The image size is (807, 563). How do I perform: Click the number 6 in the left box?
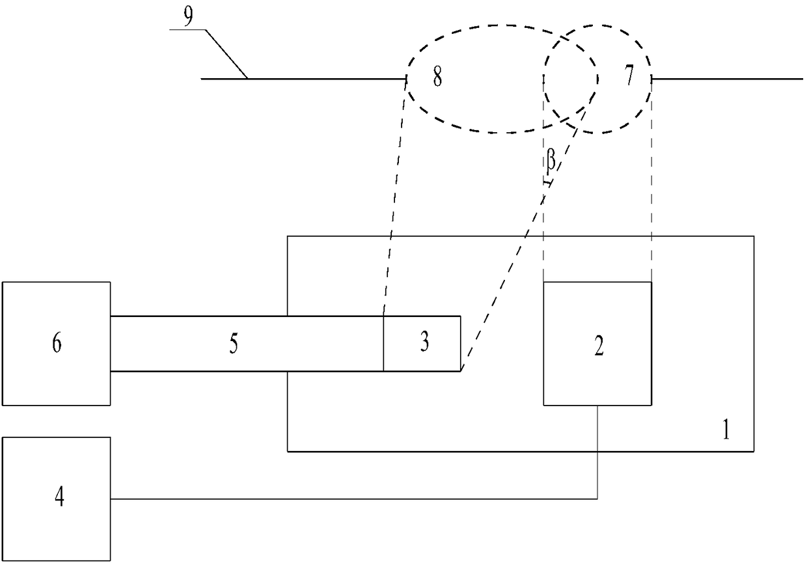point(57,343)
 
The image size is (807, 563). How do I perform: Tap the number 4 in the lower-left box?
point(59,500)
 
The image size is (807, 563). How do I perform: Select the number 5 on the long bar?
point(233,344)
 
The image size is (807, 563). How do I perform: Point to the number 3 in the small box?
point(424,343)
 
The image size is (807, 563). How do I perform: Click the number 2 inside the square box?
point(599,347)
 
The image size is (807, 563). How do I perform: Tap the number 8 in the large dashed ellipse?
point(437,79)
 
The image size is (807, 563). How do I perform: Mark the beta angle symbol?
point(551,163)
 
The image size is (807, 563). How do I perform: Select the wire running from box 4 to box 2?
point(351,499)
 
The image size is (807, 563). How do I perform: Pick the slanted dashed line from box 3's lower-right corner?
point(514,260)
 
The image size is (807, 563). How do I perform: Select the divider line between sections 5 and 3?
point(383,344)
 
